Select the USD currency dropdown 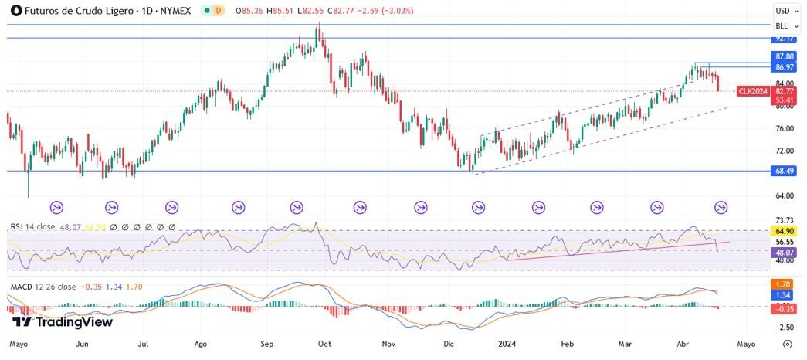click(x=785, y=11)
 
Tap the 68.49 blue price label click(x=785, y=171)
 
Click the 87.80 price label click(x=785, y=57)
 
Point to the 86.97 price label click(x=785, y=68)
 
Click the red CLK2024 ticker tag click(x=753, y=91)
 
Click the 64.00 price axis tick click(x=785, y=196)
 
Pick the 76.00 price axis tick click(x=785, y=128)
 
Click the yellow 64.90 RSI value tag click(x=785, y=230)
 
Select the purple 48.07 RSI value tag click(x=785, y=252)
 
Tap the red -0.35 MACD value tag click(x=785, y=308)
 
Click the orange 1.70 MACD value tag click(x=785, y=284)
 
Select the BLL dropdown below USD click(x=785, y=25)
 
